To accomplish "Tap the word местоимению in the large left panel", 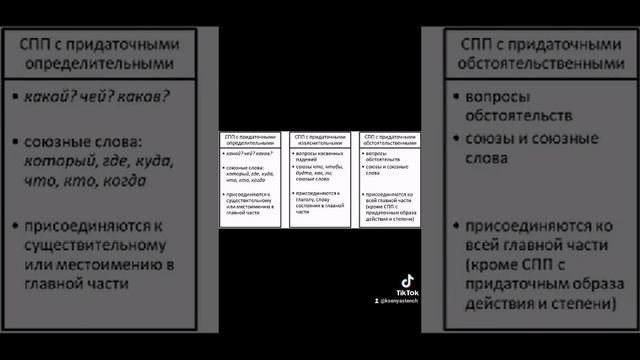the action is [x=111, y=264].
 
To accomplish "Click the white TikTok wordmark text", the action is [x=408, y=293].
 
